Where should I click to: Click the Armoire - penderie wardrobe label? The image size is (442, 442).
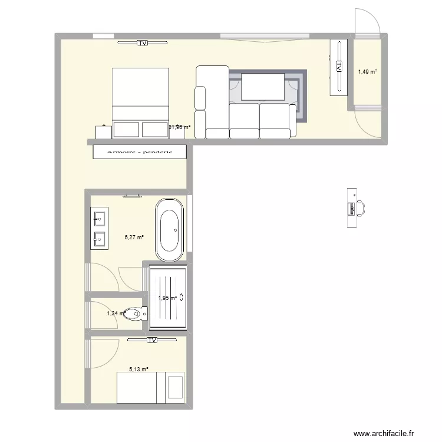click(x=140, y=152)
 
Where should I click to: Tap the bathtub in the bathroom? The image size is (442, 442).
click(x=169, y=229)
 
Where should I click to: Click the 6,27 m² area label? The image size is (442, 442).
click(x=134, y=238)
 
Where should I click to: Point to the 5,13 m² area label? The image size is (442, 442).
click(x=138, y=370)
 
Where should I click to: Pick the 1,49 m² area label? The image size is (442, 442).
click(x=367, y=72)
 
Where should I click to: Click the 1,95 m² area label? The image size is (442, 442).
click(x=168, y=298)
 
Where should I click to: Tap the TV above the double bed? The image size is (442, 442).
click(x=142, y=43)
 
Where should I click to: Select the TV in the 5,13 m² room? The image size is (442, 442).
click(x=152, y=340)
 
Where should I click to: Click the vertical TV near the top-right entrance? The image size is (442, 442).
click(x=339, y=67)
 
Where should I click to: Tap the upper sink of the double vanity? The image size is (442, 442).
click(x=98, y=217)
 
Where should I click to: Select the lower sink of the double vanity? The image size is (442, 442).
click(x=98, y=239)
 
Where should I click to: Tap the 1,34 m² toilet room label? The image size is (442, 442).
click(x=116, y=314)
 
